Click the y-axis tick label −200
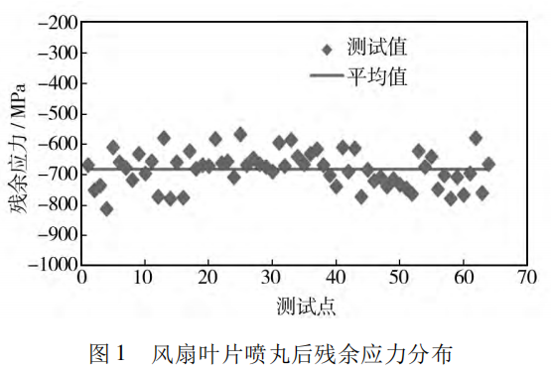point(55,21)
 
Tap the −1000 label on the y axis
point(51,266)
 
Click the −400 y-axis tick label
point(55,82)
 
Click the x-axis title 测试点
point(306,304)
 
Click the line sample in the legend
point(326,75)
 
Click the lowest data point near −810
point(106,208)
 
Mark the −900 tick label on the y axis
point(55,236)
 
